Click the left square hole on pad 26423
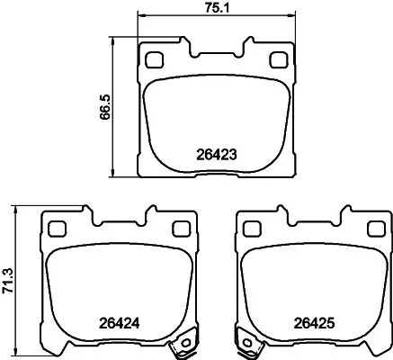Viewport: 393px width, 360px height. [x=153, y=61]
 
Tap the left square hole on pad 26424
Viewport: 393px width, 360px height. [x=56, y=228]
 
